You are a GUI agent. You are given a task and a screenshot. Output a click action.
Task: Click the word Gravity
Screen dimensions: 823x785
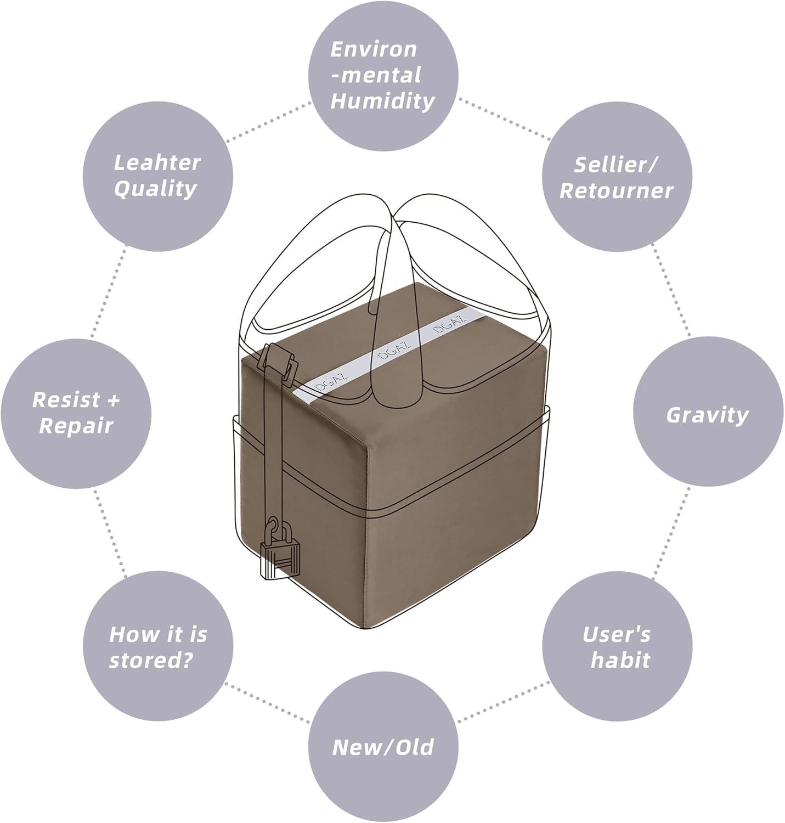click(707, 415)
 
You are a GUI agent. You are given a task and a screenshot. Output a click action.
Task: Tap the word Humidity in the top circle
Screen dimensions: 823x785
click(382, 102)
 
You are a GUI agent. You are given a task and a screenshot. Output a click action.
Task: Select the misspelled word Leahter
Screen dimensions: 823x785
click(157, 162)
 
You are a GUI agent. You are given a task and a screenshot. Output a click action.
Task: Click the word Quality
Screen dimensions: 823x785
click(156, 189)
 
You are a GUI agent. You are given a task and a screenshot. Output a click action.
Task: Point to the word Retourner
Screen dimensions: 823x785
click(616, 191)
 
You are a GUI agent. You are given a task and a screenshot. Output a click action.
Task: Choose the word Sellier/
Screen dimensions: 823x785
click(617, 165)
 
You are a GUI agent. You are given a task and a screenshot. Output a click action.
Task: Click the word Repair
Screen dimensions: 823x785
click(76, 426)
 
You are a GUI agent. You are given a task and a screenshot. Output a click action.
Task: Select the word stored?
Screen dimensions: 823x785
click(151, 660)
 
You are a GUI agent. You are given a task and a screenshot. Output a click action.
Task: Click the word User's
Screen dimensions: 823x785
click(616, 634)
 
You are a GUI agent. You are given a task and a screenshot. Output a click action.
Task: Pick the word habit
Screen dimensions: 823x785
click(620, 660)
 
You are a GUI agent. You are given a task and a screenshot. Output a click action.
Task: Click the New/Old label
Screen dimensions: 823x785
click(382, 747)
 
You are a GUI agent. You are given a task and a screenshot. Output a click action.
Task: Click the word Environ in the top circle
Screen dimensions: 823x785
click(374, 49)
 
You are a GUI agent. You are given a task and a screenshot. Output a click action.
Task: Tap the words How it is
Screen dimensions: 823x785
click(158, 634)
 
